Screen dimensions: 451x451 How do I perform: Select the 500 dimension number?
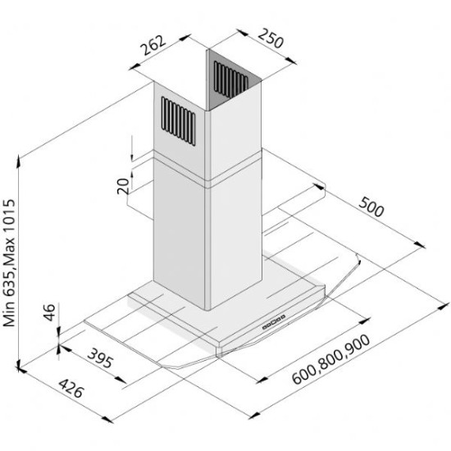coord(371,209)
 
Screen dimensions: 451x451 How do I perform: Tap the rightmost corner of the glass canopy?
coord(362,263)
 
